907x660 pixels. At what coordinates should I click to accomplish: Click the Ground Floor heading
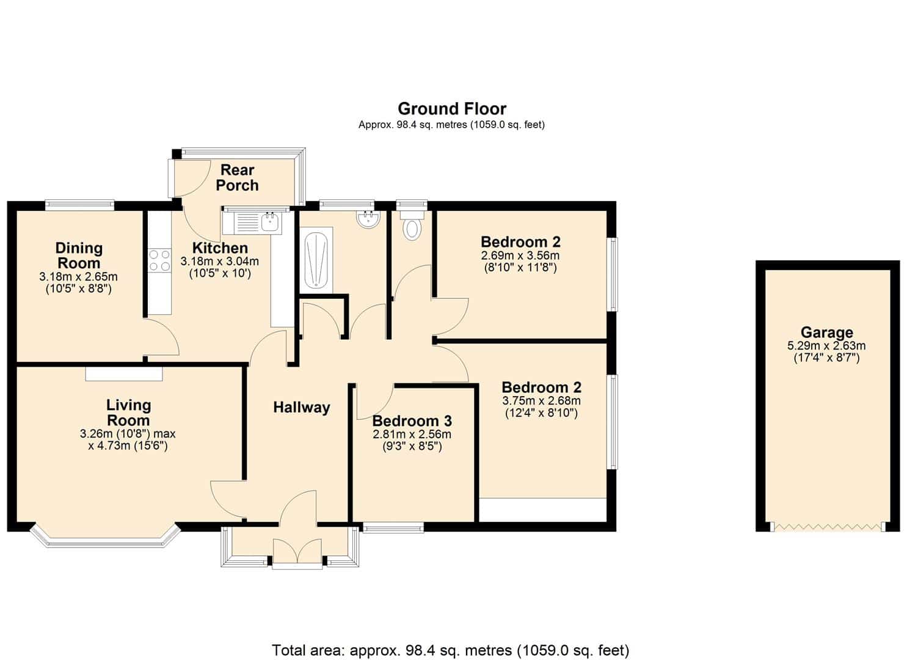pyautogui.click(x=452, y=109)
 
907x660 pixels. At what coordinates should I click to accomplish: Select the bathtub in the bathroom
pyautogui.click(x=316, y=260)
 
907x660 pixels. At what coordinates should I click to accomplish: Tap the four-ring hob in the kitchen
pyautogui.click(x=159, y=260)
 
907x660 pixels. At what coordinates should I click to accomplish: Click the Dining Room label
pyautogui.click(x=79, y=255)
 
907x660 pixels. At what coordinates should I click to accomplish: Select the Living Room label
pyautogui.click(x=128, y=412)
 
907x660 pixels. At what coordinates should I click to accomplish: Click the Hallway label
pyautogui.click(x=302, y=407)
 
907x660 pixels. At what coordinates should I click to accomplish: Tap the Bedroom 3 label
pyautogui.click(x=412, y=421)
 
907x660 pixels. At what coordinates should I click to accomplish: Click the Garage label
pyautogui.click(x=827, y=332)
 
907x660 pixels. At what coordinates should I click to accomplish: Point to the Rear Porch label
pyautogui.click(x=237, y=177)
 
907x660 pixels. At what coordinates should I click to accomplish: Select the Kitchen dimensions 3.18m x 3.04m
pyautogui.click(x=219, y=262)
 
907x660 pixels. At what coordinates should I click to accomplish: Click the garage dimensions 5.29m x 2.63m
pyautogui.click(x=826, y=346)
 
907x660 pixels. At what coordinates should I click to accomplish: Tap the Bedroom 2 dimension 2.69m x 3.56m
pyautogui.click(x=520, y=255)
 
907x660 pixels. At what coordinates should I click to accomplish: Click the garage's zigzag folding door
pyautogui.click(x=828, y=527)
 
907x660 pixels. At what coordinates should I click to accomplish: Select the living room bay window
pyautogui.click(x=105, y=536)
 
